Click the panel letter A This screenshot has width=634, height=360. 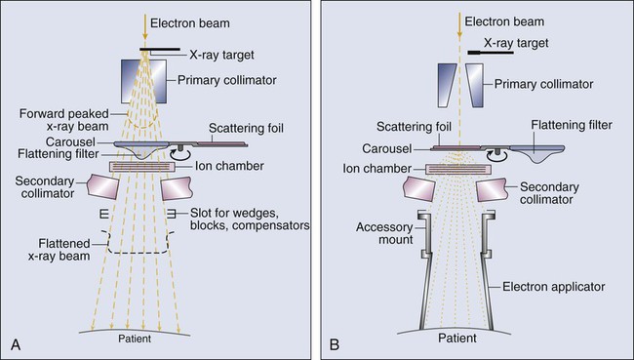[x=16, y=345]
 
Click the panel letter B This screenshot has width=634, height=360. [x=335, y=345]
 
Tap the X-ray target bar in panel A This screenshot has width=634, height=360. [x=160, y=50]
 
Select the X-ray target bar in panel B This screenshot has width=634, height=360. [x=491, y=52]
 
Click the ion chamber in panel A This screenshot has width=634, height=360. [x=142, y=166]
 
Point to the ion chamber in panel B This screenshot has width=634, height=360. [x=458, y=170]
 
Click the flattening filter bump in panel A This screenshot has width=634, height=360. [x=140, y=149]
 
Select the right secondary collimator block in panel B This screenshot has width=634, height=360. [x=492, y=189]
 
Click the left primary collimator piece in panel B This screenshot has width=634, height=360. [x=447, y=85]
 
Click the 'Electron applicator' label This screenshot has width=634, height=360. [x=554, y=287]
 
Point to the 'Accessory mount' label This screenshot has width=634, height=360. [x=384, y=233]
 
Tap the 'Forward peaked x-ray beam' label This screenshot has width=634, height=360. [x=63, y=120]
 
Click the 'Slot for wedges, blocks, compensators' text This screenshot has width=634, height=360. [x=250, y=219]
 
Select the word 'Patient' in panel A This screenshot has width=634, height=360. [x=135, y=339]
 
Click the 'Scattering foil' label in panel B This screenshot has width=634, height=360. [x=414, y=127]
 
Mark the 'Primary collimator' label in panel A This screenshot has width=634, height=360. [x=227, y=80]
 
